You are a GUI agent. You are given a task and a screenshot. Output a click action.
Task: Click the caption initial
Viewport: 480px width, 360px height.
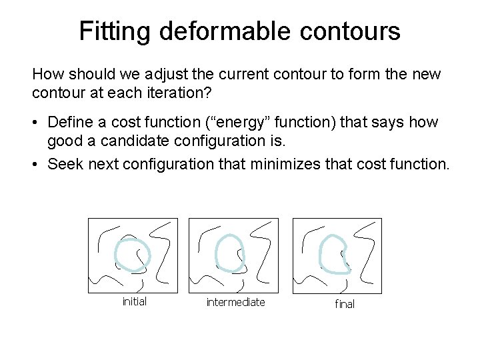pyautogui.click(x=135, y=301)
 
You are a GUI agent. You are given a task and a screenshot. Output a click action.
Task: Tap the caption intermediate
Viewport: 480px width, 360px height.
pyautogui.click(x=235, y=302)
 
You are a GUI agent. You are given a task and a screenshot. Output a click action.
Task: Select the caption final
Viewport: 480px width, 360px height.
pyautogui.click(x=345, y=304)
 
